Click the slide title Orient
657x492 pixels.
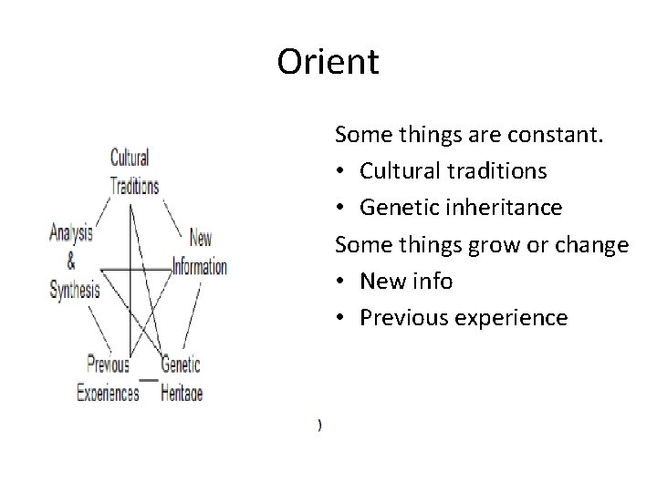[x=328, y=63]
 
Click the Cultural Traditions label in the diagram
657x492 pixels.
[x=134, y=171]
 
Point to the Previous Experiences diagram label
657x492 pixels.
[x=108, y=379]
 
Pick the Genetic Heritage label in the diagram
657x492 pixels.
[x=181, y=379]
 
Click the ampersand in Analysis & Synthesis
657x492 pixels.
[x=71, y=262]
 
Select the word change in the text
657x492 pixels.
[x=595, y=244]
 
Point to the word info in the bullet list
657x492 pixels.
[x=433, y=281]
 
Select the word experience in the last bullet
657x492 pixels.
[x=514, y=317]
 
